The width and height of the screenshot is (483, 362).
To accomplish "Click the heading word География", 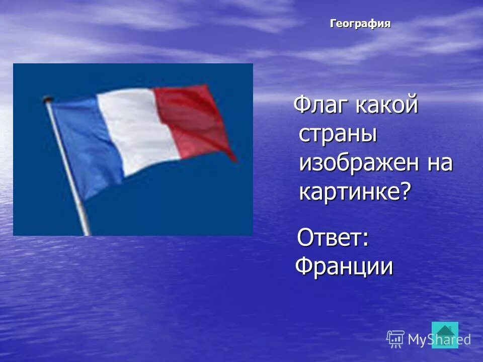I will (360, 24).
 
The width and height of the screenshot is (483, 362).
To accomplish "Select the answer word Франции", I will (344, 265).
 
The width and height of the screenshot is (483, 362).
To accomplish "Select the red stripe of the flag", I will (194, 121).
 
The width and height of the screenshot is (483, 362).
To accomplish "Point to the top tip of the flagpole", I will (48, 99).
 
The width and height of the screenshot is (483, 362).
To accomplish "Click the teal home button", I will (445, 334).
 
